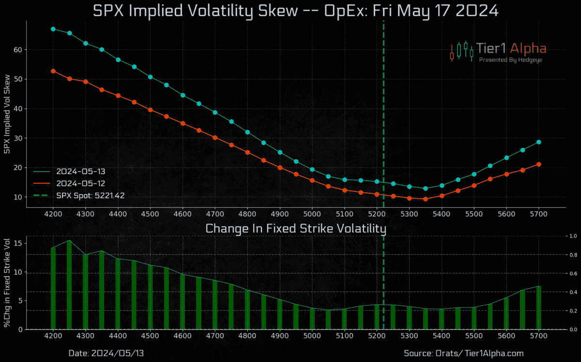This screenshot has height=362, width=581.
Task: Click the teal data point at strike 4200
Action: pyautogui.click(x=53, y=29)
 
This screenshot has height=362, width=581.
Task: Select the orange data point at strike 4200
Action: pyautogui.click(x=53, y=71)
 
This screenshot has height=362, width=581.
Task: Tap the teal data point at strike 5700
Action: pyautogui.click(x=538, y=142)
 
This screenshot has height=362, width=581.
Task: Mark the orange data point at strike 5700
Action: pyautogui.click(x=538, y=164)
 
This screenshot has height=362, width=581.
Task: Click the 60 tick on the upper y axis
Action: pyautogui.click(x=18, y=49)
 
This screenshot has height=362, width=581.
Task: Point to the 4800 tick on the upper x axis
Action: pyautogui.click(x=247, y=214)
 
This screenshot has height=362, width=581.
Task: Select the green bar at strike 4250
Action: pyautogui.click(x=69, y=285)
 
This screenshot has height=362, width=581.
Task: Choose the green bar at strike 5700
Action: pyautogui.click(x=538, y=308)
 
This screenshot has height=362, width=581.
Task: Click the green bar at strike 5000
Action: pyautogui.click(x=312, y=318)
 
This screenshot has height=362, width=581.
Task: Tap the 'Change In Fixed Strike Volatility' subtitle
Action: pyautogui.click(x=296, y=228)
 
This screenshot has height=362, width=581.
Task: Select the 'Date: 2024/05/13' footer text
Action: pyautogui.click(x=106, y=353)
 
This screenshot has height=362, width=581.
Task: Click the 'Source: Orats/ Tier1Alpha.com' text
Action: pyautogui.click(x=463, y=353)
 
